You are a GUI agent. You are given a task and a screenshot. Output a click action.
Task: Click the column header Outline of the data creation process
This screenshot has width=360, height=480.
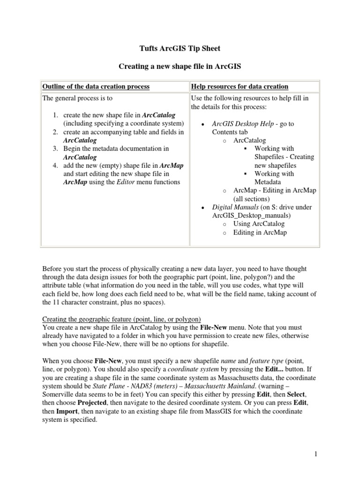coord(96,87)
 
